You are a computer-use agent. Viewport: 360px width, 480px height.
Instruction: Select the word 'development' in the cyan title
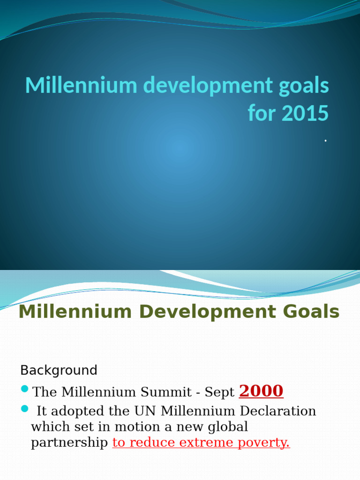tap(195, 86)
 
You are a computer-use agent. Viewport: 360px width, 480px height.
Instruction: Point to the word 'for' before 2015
tap(260, 113)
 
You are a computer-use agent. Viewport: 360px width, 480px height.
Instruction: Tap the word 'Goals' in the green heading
tap(310, 312)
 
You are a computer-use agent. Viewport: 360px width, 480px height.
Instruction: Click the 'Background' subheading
tap(59, 370)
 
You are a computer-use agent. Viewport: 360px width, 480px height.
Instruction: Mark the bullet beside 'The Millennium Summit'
tap(25, 389)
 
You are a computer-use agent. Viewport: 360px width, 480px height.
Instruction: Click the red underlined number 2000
tap(261, 391)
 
